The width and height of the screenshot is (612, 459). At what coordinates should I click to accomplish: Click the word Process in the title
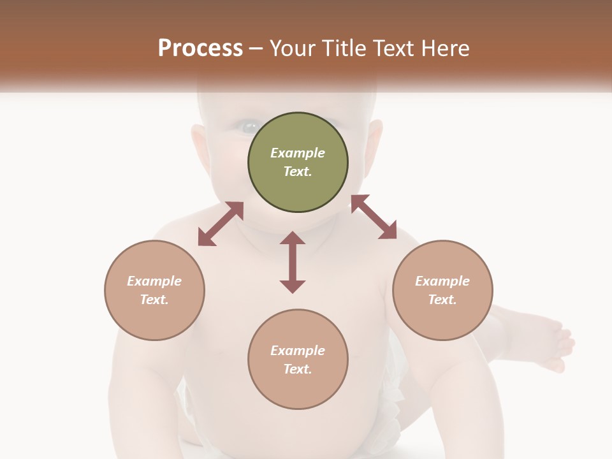200,48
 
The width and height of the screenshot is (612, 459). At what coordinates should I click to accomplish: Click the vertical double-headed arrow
293,262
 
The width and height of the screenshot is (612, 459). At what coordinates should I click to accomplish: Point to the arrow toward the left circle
221,224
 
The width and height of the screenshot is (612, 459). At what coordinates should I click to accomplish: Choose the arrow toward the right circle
374,217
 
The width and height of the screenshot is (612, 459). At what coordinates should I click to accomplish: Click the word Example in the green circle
298,153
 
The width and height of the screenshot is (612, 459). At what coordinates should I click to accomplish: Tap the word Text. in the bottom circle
298,369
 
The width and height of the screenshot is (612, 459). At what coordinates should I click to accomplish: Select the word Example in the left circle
154,281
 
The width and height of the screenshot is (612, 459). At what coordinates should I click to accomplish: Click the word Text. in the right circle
442,300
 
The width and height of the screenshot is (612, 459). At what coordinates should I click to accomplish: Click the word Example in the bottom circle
298,351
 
